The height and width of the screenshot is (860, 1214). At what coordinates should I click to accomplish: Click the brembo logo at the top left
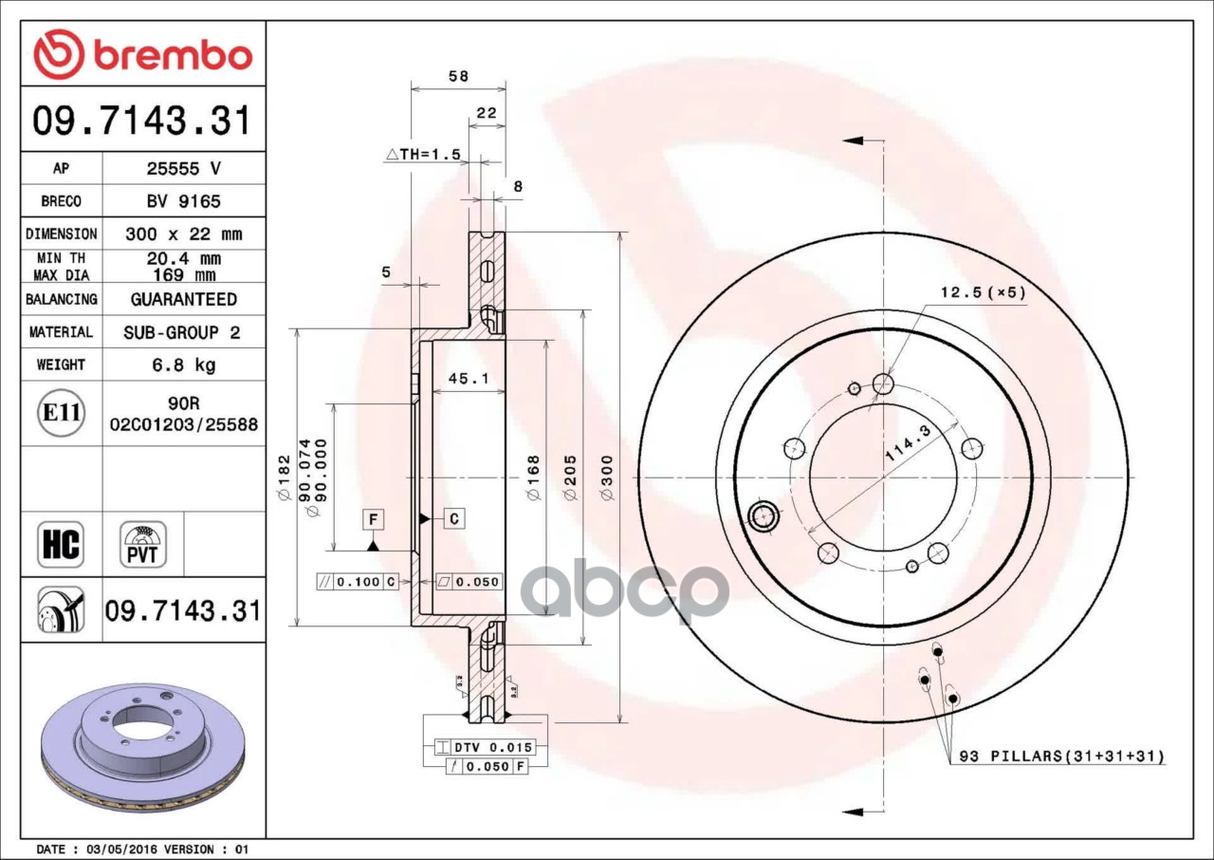(x=143, y=55)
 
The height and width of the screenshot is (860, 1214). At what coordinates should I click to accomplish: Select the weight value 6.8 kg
(x=184, y=365)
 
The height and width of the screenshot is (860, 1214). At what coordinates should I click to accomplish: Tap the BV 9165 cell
(x=184, y=201)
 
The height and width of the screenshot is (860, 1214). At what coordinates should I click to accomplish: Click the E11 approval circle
(x=62, y=413)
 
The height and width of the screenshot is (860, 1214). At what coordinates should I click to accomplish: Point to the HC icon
(x=61, y=545)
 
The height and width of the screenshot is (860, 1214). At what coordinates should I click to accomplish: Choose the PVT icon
(x=143, y=545)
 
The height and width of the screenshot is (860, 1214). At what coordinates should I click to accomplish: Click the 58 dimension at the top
(x=458, y=76)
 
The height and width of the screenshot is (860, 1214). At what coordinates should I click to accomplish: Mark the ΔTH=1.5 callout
(x=423, y=155)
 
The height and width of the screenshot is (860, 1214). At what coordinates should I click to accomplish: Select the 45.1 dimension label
(x=469, y=378)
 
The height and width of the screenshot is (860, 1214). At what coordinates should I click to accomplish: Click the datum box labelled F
(x=373, y=519)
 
